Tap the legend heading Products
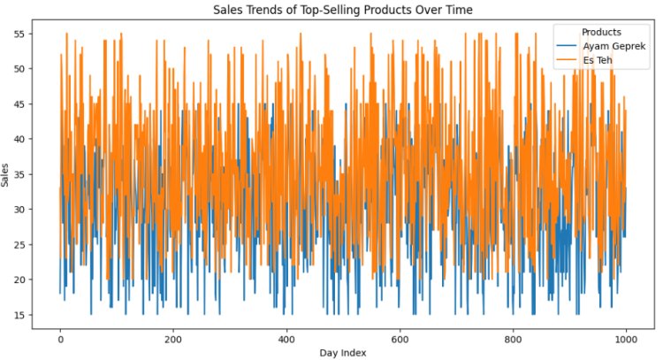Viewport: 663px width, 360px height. pos(601,32)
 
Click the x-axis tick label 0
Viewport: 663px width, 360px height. pos(60,337)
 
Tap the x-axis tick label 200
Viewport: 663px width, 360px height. pos(173,337)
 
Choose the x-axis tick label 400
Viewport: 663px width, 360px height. pos(286,337)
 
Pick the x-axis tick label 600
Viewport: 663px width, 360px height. pos(400,337)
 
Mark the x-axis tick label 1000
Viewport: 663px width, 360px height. pos(626,337)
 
